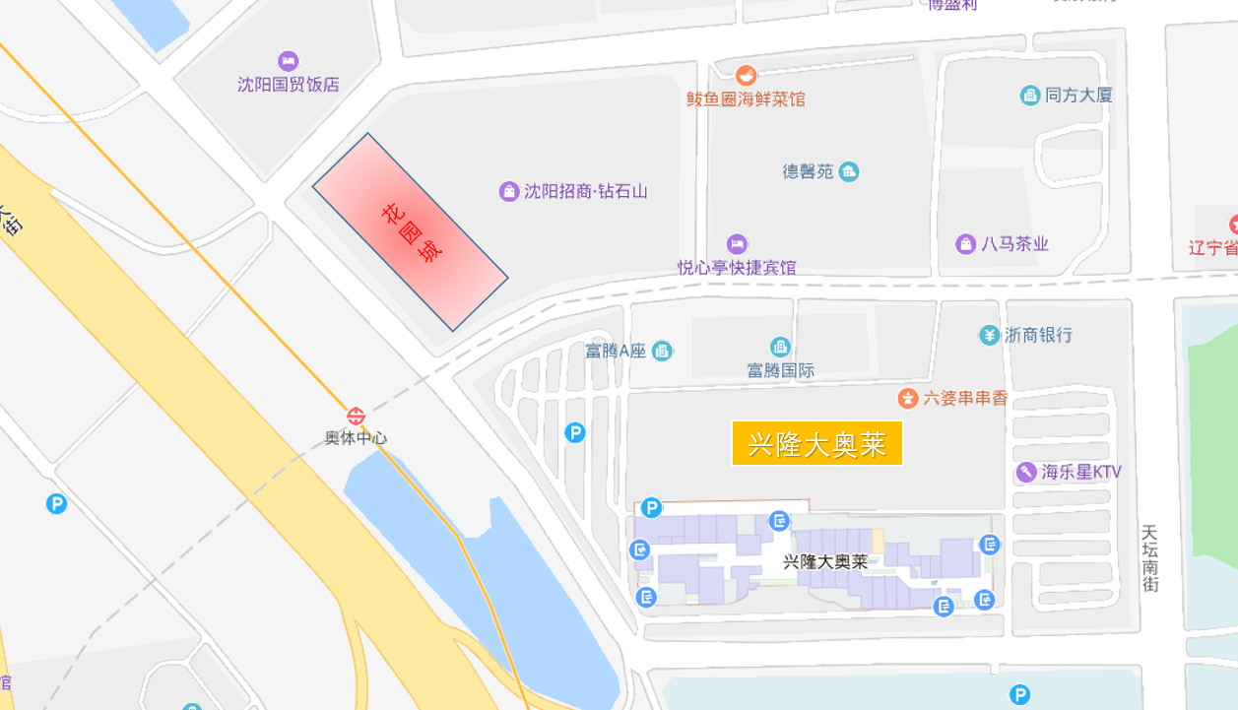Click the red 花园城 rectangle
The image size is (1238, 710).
pyautogui.click(x=410, y=231)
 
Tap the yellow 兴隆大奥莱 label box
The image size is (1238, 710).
pyautogui.click(x=817, y=443)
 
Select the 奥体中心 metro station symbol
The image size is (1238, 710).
pyautogui.click(x=356, y=417)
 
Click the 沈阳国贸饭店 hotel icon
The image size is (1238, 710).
pyautogui.click(x=288, y=61)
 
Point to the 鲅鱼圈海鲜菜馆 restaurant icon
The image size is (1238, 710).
pyautogui.click(x=747, y=75)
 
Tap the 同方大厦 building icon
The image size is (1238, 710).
pyautogui.click(x=1029, y=96)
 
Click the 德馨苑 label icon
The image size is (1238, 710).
pyautogui.click(x=849, y=171)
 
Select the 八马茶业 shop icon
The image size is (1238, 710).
pyautogui.click(x=965, y=243)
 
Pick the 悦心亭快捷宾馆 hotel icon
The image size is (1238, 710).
pyautogui.click(x=737, y=243)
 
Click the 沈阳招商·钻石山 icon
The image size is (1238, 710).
pyautogui.click(x=508, y=191)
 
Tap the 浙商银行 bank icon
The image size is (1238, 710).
pyautogui.click(x=989, y=335)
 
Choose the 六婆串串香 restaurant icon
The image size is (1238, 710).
pyautogui.click(x=907, y=398)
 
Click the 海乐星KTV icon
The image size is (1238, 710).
pyautogui.click(x=1026, y=472)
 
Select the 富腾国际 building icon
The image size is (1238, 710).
pyautogui.click(x=780, y=347)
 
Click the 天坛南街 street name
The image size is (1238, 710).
pyautogui.click(x=1149, y=557)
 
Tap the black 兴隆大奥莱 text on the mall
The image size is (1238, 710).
pyautogui.click(x=825, y=562)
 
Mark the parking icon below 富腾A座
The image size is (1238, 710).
pyautogui.click(x=574, y=432)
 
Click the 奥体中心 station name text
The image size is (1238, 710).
pyautogui.click(x=356, y=438)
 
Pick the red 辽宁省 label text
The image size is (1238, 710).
pyautogui.click(x=1212, y=246)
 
